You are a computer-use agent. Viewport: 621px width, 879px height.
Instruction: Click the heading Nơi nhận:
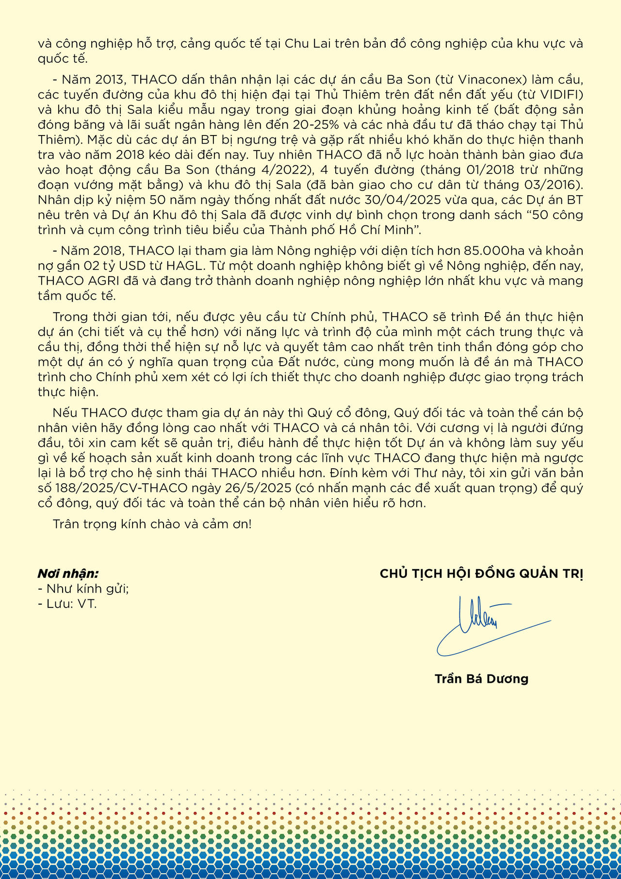pyautogui.click(x=68, y=574)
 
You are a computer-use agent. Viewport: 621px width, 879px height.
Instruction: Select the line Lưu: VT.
pyautogui.click(x=68, y=604)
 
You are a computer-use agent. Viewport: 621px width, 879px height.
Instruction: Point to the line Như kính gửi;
pyautogui.click(x=83, y=589)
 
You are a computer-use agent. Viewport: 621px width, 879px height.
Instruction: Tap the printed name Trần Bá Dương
pyautogui.click(x=481, y=678)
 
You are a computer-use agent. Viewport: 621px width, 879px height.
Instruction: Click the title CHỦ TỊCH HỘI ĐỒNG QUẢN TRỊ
pyautogui.click(x=481, y=574)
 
